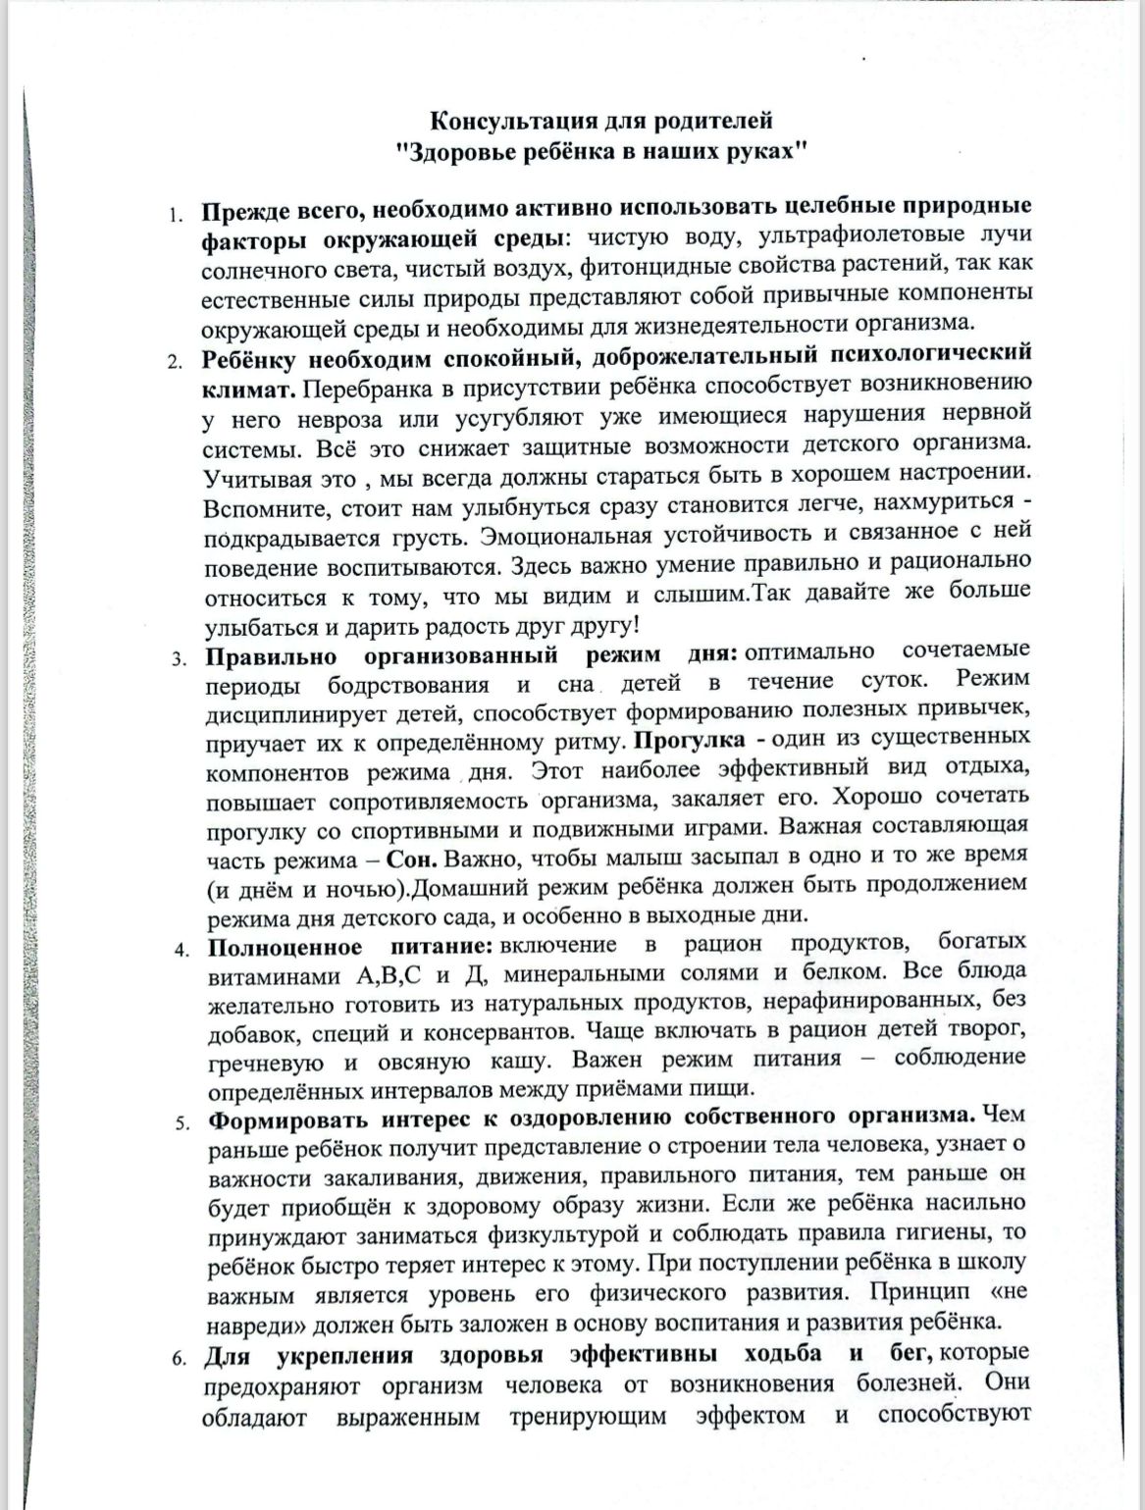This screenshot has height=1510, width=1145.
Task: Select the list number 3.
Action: click(x=180, y=658)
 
